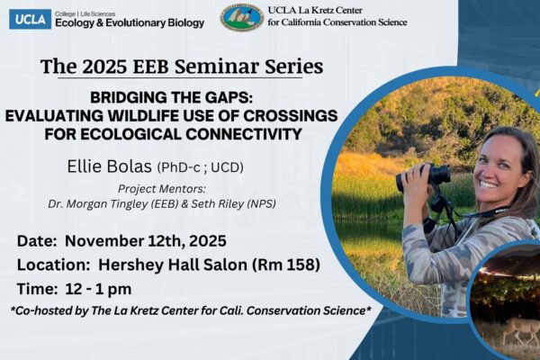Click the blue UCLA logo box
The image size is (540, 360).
(x=30, y=18)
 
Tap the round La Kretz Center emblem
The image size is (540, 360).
(x=241, y=17)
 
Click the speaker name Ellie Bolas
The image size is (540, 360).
(x=109, y=167)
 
